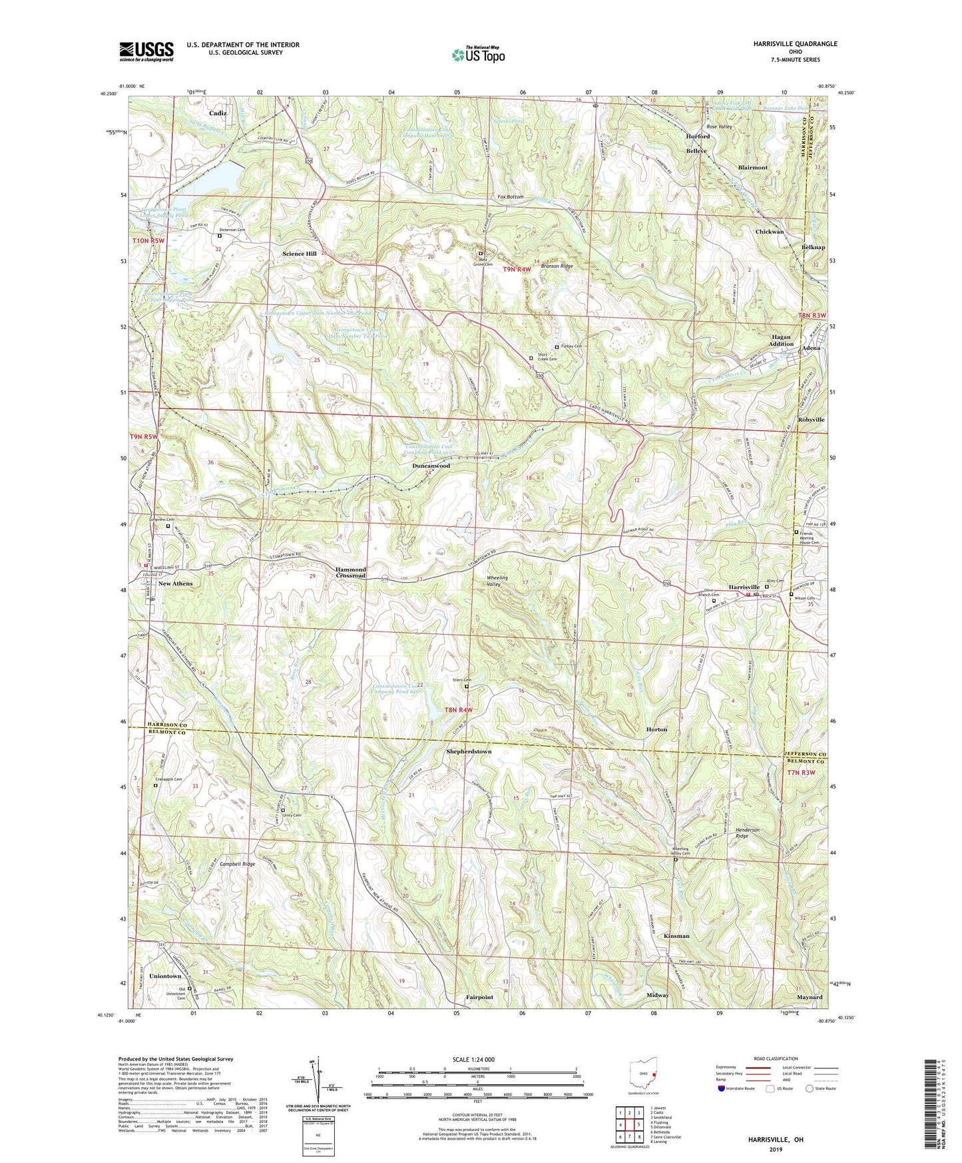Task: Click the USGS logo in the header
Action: tap(146, 51)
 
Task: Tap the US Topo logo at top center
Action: tap(478, 55)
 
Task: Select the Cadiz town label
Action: tap(217, 113)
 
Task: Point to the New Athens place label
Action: tap(175, 583)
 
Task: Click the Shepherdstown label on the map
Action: tap(469, 751)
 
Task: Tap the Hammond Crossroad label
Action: tap(350, 573)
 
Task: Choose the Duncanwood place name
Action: tap(431, 466)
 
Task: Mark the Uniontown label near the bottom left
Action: tap(165, 976)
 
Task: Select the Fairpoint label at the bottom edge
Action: tap(479, 997)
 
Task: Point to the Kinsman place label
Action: tap(676, 936)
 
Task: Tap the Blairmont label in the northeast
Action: tap(752, 168)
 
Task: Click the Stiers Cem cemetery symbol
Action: tap(466, 686)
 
